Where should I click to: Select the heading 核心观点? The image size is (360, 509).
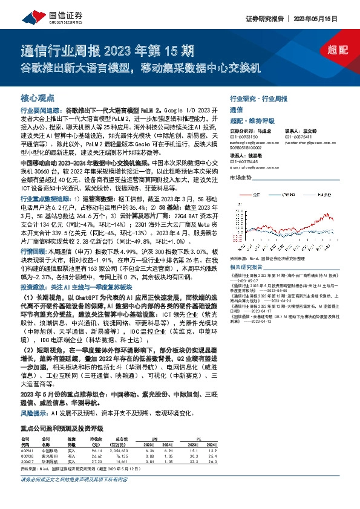38,97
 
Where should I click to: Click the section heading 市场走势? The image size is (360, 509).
240,177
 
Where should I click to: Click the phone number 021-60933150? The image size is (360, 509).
244,135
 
